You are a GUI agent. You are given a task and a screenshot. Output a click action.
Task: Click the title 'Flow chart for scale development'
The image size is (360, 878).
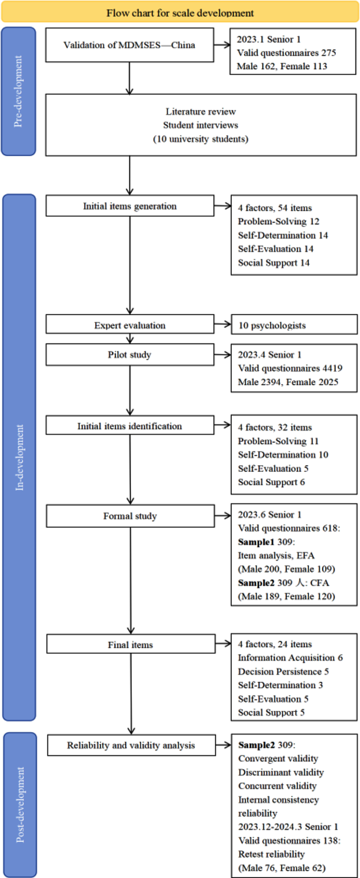pyautogui.click(x=180, y=13)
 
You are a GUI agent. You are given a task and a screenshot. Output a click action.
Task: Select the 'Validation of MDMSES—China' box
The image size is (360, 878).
pyautogui.click(x=129, y=45)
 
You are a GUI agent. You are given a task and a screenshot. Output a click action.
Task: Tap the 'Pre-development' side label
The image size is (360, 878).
pyautogui.click(x=18, y=91)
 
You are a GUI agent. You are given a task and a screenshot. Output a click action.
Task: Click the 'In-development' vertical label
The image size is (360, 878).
pyautogui.click(x=19, y=457)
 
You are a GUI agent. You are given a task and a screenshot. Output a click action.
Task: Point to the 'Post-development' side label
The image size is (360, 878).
pyautogui.click(x=20, y=804)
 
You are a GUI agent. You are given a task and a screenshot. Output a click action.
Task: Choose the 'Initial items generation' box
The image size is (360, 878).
pyautogui.click(x=130, y=206)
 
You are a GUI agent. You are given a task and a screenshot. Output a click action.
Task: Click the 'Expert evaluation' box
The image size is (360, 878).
pyautogui.click(x=130, y=325)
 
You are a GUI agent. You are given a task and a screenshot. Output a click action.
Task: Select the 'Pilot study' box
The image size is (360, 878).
pyautogui.click(x=130, y=354)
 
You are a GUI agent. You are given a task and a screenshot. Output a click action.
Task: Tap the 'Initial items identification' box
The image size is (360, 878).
pyautogui.click(x=130, y=426)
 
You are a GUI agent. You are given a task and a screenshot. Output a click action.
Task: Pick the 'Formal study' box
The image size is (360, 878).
pyautogui.click(x=130, y=516)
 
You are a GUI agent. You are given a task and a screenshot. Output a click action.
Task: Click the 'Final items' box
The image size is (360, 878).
pyautogui.click(x=131, y=645)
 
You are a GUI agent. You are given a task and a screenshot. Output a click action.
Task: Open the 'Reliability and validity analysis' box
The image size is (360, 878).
pyautogui.click(x=131, y=745)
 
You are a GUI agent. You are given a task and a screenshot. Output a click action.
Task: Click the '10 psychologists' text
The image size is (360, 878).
pyautogui.click(x=272, y=325)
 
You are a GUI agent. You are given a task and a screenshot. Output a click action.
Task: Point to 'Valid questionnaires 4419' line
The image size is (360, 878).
pyautogui.click(x=290, y=369)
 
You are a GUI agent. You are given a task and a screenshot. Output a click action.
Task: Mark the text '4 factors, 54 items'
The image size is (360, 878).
pyautogui.click(x=274, y=208)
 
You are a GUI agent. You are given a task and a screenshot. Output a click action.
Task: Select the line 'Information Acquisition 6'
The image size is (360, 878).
pyautogui.click(x=290, y=658)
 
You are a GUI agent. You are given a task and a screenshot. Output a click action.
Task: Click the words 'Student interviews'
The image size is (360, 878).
pyautogui.click(x=200, y=125)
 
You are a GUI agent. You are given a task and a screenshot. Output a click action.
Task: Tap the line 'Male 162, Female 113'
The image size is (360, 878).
pyautogui.click(x=282, y=66)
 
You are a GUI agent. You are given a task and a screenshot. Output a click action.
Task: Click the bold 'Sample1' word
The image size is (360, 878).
pyautogui.click(x=256, y=542)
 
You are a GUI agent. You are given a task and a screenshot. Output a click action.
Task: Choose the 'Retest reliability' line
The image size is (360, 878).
pyautogui.click(x=271, y=854)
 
